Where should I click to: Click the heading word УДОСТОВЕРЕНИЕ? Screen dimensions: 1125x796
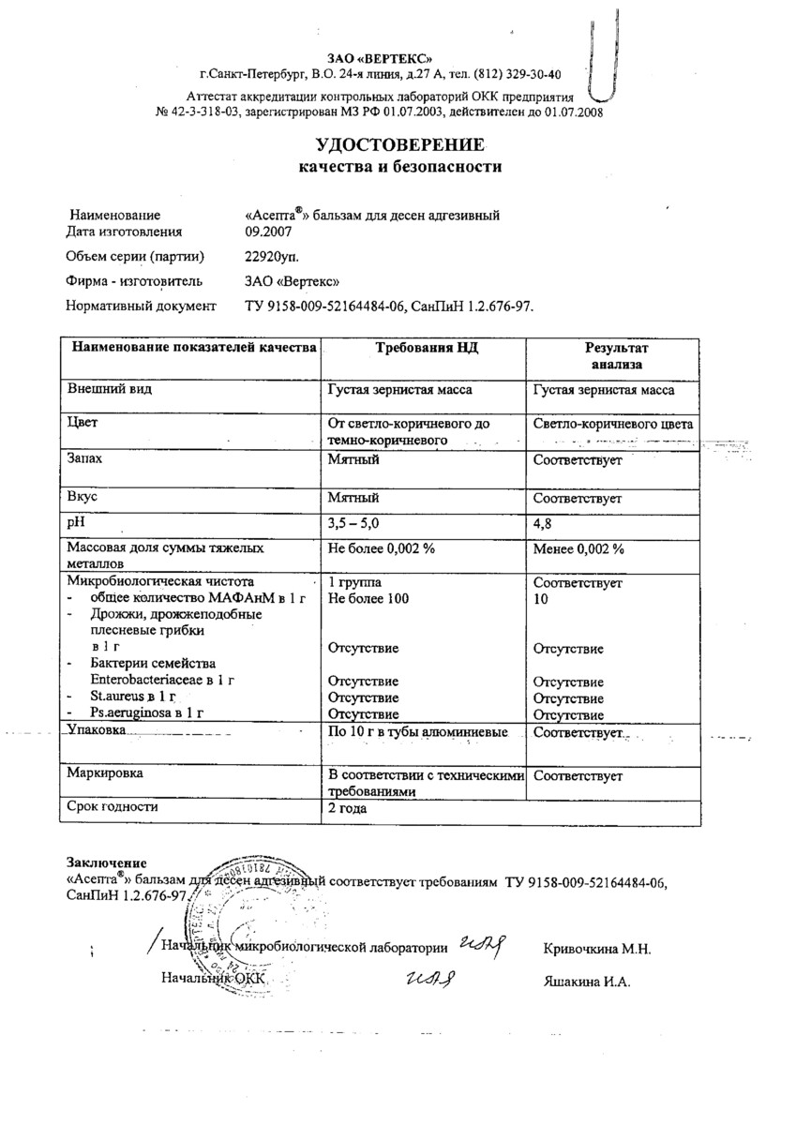coord(399,145)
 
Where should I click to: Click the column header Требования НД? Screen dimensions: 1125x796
coord(427,348)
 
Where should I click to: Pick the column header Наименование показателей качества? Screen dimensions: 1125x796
coord(189,348)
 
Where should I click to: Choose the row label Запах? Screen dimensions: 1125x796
coord(86,461)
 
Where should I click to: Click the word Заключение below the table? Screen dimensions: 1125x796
coord(106,862)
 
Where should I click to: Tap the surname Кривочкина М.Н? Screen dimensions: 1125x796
coord(596,949)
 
